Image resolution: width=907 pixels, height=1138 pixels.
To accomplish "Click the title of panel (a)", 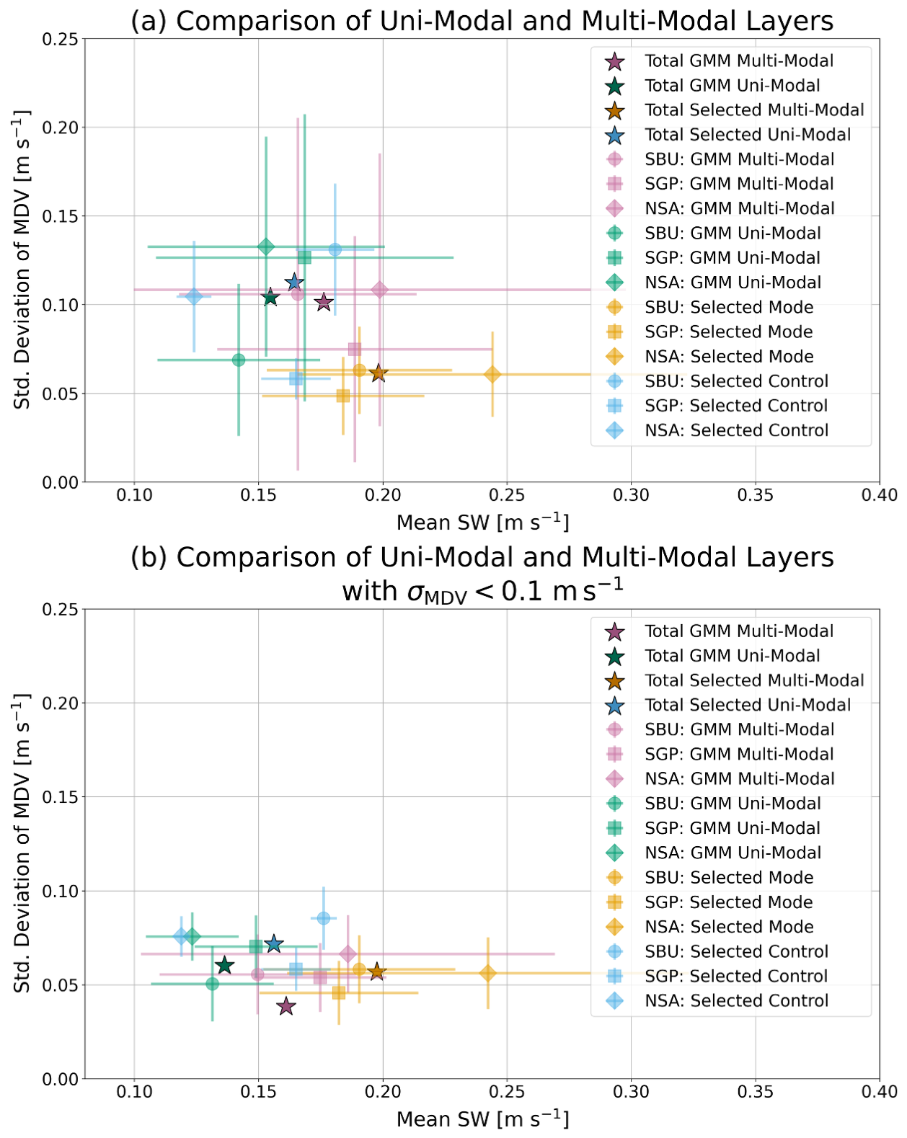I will [482, 21].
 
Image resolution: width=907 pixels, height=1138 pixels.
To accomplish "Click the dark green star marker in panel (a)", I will [270, 297].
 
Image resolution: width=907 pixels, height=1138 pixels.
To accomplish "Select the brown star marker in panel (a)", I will [379, 373].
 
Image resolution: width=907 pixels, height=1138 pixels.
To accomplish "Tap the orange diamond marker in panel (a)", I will [492, 375].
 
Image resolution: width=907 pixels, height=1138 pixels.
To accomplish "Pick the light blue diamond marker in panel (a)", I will [193, 296].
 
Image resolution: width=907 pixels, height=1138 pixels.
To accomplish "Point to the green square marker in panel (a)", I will [304, 257].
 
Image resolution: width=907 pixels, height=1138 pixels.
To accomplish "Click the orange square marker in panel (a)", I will [343, 396].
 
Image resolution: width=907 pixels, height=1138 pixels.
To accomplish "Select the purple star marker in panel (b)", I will [286, 1005].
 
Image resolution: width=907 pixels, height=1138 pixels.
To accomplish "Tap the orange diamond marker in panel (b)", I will [488, 973].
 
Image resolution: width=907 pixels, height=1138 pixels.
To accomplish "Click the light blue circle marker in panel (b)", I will [324, 917].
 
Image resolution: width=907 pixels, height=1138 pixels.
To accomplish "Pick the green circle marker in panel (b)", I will [212, 984].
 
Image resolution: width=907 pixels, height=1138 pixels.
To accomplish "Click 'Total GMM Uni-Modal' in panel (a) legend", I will [732, 86].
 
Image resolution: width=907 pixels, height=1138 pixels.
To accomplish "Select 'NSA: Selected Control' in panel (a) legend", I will [736, 430].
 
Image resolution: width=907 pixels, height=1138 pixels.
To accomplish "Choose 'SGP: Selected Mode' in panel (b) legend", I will [728, 902].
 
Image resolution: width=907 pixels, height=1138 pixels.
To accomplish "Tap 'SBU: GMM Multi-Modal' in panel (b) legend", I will [739, 729].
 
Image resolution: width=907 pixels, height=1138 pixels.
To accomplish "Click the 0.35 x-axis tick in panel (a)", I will [755, 495].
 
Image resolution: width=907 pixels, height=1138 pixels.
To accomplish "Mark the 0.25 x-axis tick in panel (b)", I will [507, 1092].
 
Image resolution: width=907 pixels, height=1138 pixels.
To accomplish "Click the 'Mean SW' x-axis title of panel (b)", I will [482, 1119].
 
